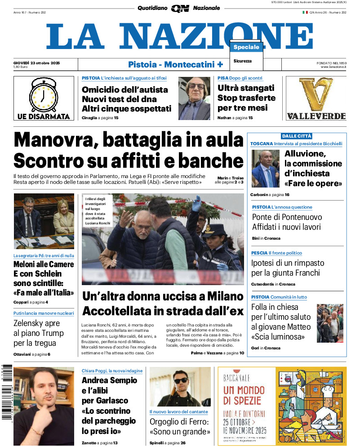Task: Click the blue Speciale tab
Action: pos(246,47)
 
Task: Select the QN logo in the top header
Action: pos(180,8)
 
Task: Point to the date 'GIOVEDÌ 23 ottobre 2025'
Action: pos(37,63)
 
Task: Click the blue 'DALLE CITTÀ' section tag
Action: pos(296,136)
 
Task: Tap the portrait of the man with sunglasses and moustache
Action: pos(195,98)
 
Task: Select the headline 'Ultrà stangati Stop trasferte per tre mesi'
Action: pos(246,98)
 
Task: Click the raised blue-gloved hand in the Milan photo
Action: pos(196,204)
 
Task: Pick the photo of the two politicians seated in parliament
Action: pos(44,221)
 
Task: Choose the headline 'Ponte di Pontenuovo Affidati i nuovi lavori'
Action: pos(287,222)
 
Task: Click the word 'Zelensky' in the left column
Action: pos(31,323)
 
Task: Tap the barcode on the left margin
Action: pos(6,391)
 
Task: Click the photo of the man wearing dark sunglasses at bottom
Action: pos(180,387)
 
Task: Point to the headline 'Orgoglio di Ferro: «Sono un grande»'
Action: pos(180,427)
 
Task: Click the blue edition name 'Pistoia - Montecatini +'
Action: pos(175,64)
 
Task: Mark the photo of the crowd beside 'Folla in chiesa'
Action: pos(330,323)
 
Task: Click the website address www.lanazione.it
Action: pos(333,67)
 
